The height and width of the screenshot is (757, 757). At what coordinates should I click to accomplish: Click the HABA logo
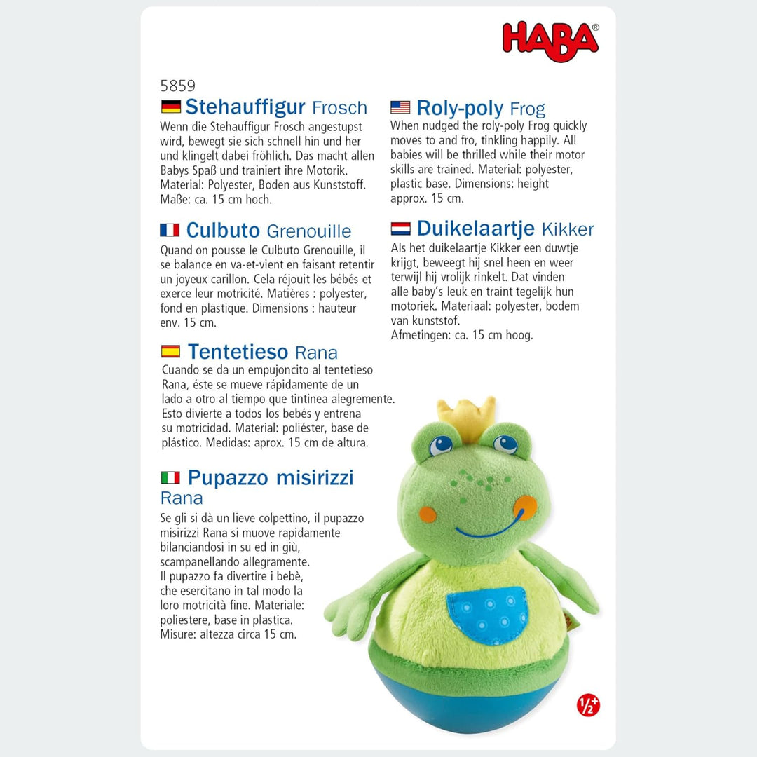(550, 40)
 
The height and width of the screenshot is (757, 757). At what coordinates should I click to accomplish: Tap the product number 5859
(177, 86)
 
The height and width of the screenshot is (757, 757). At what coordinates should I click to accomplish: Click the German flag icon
(170, 107)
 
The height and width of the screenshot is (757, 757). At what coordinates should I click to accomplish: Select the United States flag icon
(400, 107)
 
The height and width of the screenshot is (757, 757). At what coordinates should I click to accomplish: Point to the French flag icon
(170, 230)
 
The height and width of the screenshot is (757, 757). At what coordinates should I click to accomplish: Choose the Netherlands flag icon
(400, 229)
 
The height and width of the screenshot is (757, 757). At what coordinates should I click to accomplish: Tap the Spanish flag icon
(170, 351)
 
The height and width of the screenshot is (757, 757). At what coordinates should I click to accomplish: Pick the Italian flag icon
(170, 477)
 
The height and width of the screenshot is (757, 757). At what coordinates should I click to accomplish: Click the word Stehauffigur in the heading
(245, 107)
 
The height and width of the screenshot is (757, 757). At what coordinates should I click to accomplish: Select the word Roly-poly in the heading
(460, 108)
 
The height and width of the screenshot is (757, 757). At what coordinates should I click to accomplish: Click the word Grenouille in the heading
(309, 231)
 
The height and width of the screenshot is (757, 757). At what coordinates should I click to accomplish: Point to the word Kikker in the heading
(568, 229)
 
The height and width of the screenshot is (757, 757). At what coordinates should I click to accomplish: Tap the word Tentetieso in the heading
(238, 352)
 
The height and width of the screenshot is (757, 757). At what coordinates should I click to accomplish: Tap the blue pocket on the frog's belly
(488, 614)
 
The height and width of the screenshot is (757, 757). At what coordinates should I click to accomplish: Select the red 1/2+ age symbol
(588, 704)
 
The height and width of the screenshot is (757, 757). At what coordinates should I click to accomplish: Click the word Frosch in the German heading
(339, 108)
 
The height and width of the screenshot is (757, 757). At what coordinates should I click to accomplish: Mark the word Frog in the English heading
(527, 109)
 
